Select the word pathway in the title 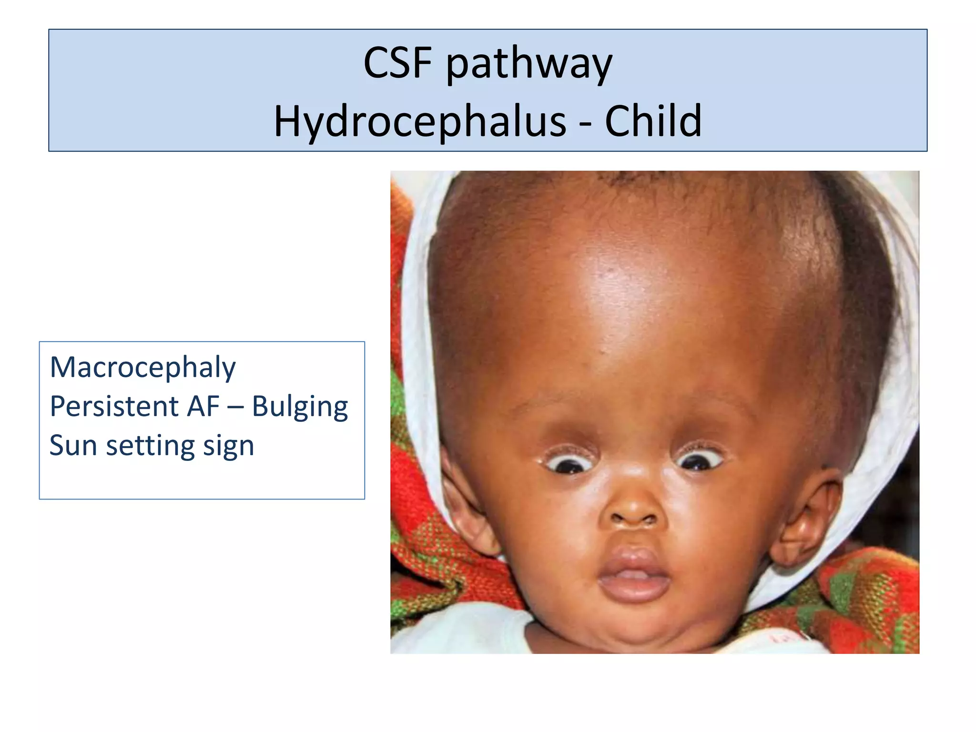point(529,64)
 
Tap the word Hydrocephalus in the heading point(420,122)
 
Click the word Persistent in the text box point(114,406)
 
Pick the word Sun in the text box point(73,445)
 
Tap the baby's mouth point(633,574)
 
